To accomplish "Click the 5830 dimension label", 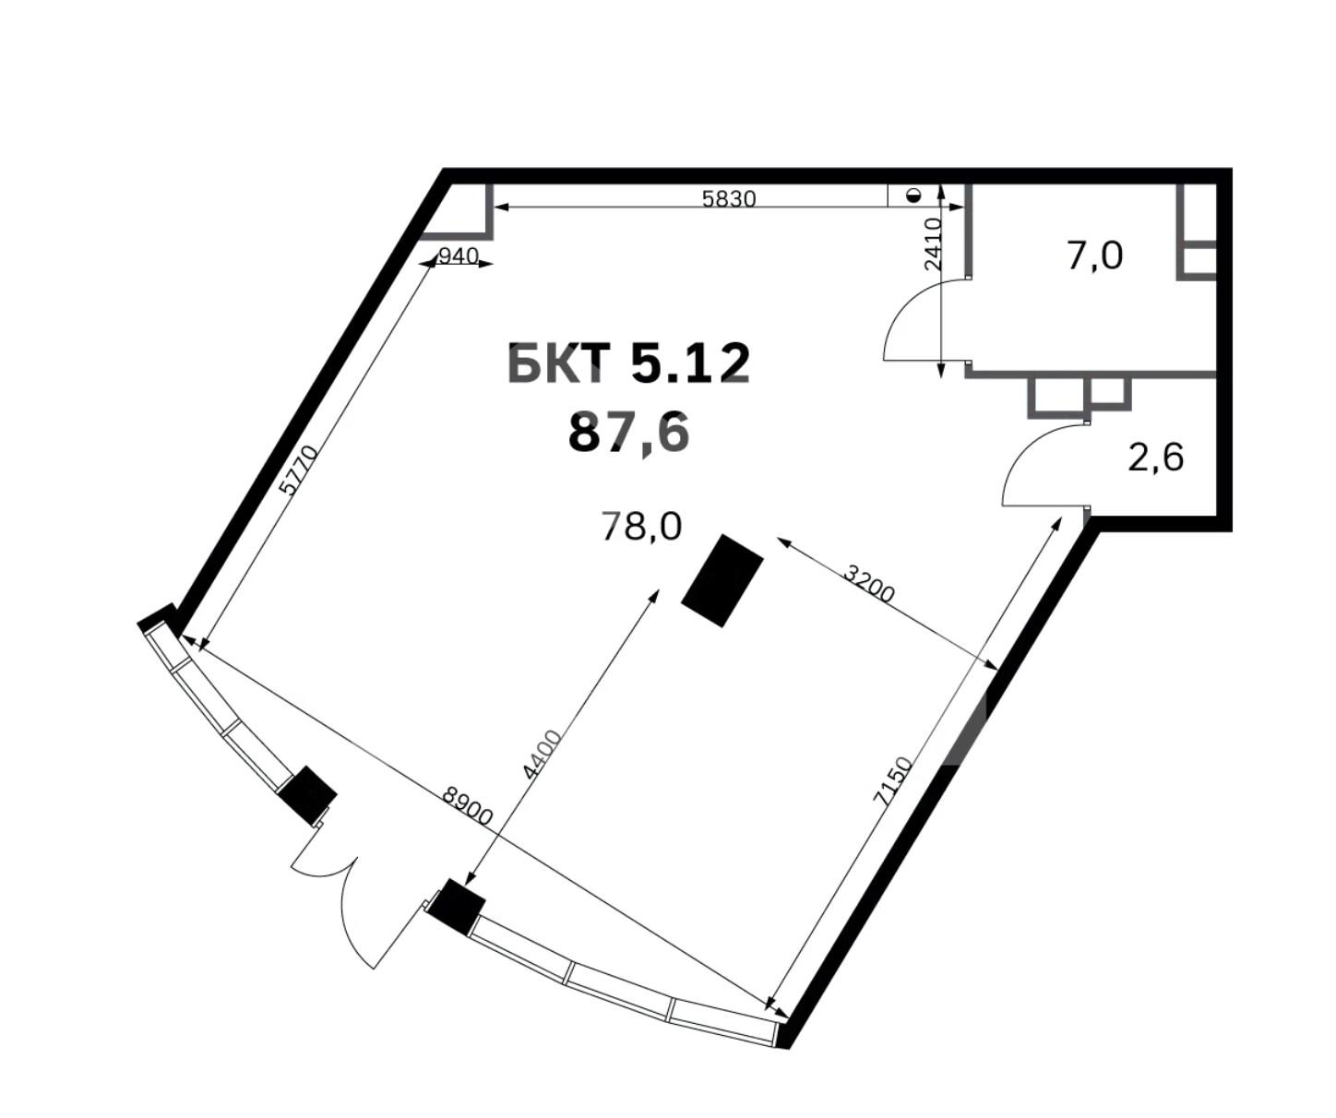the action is (729, 199).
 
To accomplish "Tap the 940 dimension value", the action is (459, 256).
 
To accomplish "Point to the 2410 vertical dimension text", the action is (934, 244).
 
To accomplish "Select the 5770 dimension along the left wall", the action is (300, 470).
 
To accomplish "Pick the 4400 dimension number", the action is (542, 755).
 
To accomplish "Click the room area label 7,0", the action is (1094, 256).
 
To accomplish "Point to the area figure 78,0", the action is (641, 527).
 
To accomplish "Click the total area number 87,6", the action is (629, 433).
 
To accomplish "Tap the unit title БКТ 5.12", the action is (627, 363).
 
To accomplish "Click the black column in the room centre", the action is (722, 581).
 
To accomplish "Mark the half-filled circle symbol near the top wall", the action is (914, 196).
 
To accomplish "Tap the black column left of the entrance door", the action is (308, 795).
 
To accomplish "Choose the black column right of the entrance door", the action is (457, 907).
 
